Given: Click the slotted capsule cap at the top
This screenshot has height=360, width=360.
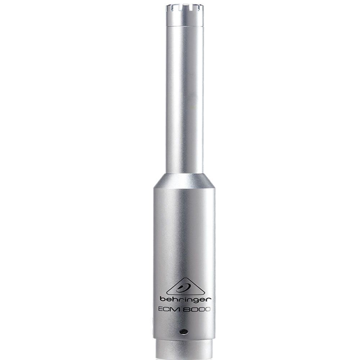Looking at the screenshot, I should point(185,14).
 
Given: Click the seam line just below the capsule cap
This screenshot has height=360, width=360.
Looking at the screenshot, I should point(185,26).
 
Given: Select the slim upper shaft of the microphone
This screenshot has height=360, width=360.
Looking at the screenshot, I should point(185,101).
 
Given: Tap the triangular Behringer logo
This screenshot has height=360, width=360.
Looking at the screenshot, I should point(185,288).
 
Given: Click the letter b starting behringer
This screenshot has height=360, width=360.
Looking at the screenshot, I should point(162,299).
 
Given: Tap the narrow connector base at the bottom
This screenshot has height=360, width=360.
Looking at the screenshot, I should point(184,349).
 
